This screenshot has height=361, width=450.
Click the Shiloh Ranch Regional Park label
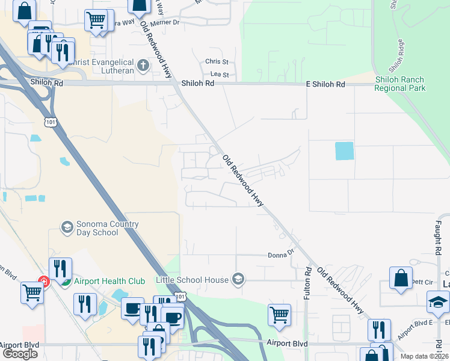399,84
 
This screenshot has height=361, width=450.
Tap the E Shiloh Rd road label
325,84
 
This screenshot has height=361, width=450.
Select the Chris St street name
217,61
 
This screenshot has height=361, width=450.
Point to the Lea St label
220,74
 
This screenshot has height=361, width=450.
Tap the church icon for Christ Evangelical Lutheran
143,65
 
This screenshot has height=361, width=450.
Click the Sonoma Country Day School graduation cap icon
67,227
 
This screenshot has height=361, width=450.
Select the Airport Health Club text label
111,281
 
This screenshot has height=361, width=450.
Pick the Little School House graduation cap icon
239,279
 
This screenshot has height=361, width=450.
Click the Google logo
20,353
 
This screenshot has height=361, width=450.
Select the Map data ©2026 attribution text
424,356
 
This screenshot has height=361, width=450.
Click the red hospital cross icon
43,280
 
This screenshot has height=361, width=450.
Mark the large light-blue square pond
344,150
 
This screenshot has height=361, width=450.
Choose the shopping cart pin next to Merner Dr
96,20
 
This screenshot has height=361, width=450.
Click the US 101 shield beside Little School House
182,296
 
